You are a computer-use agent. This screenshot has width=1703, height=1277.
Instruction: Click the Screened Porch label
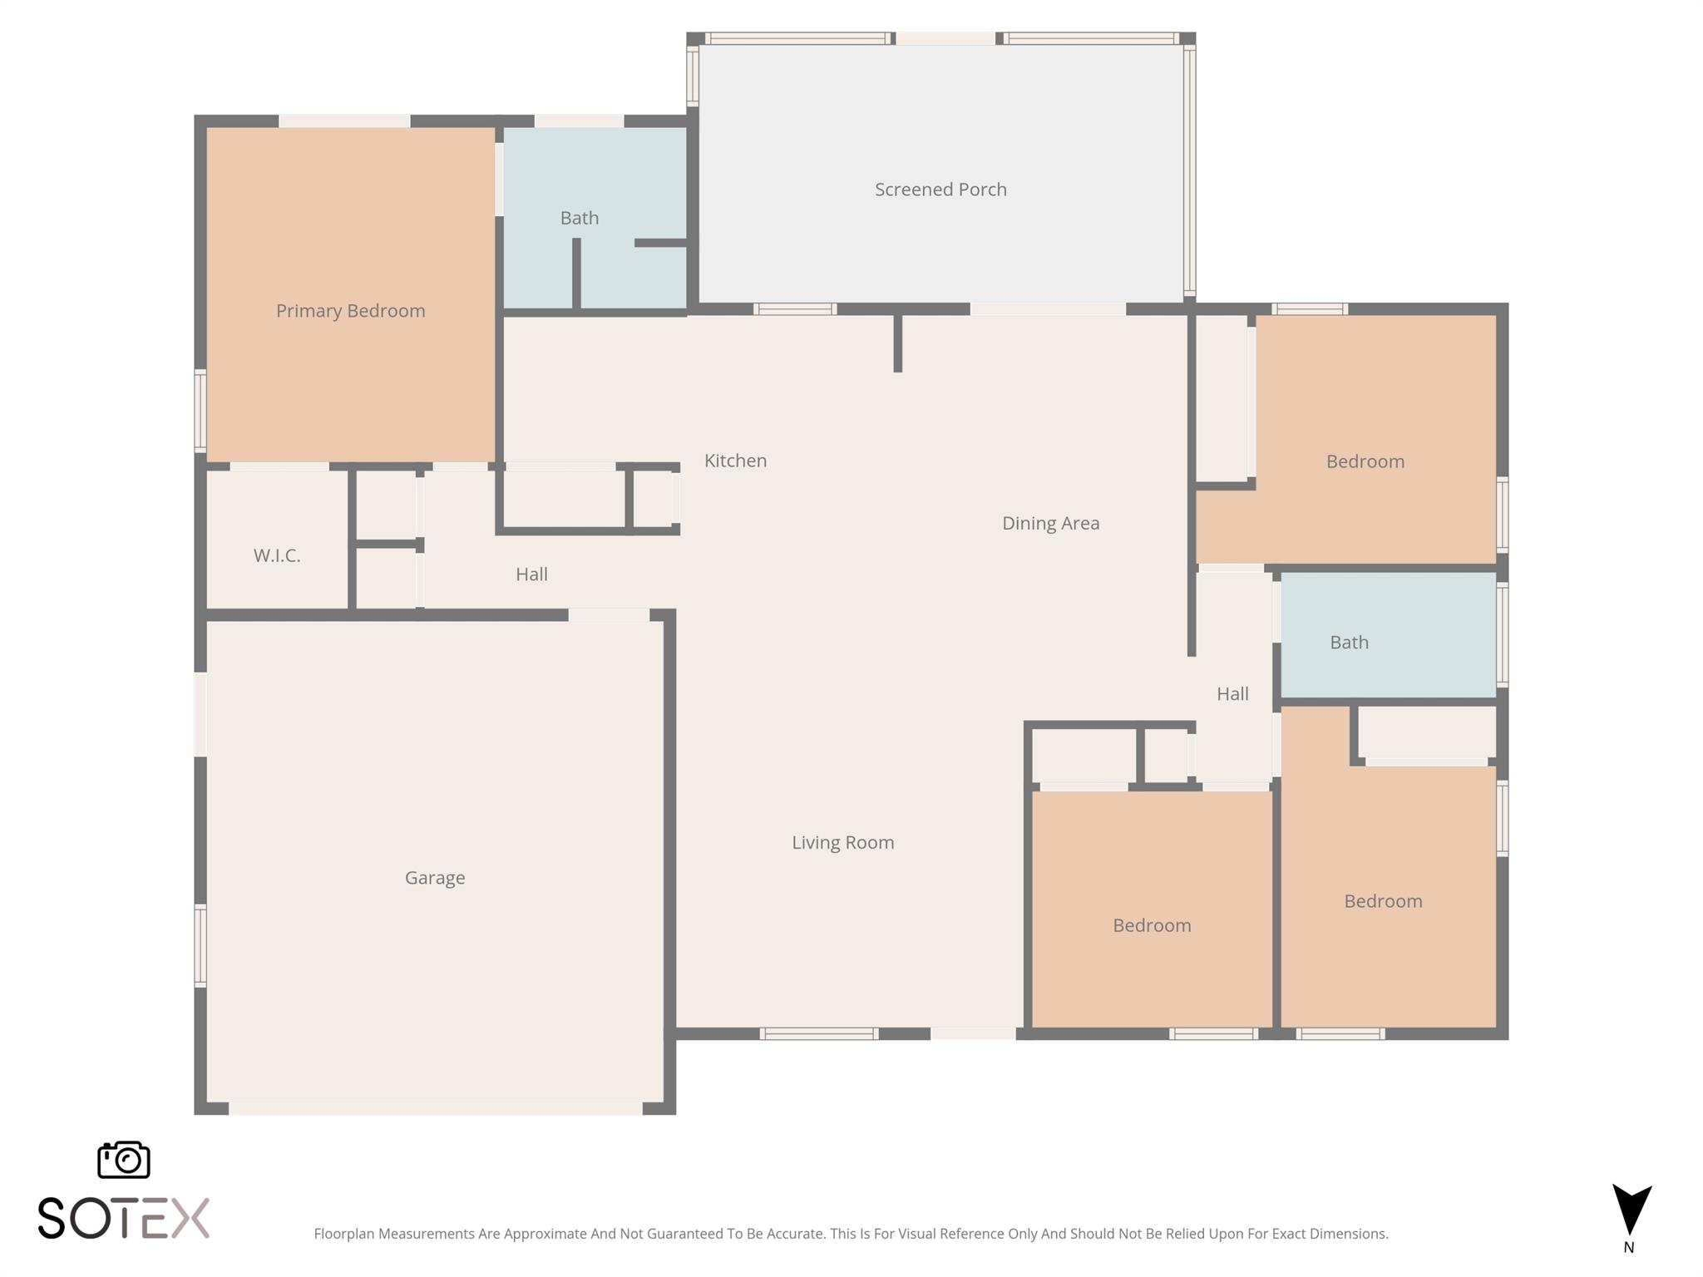940,190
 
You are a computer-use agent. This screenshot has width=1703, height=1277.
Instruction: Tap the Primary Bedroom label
350,311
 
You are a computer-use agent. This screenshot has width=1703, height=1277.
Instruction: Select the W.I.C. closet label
277,555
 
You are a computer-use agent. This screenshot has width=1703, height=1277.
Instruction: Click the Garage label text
434,878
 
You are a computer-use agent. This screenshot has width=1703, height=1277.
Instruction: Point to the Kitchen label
735,461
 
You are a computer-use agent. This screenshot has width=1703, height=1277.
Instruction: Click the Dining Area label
1050,523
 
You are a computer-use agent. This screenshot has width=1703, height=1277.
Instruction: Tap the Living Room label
842,842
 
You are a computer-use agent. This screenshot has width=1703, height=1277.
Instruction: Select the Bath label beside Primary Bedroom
579,218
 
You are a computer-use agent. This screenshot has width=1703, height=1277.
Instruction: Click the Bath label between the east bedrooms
1348,642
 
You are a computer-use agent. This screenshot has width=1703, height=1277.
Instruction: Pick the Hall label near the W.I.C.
531,574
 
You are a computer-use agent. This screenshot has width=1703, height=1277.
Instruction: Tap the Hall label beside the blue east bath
1232,693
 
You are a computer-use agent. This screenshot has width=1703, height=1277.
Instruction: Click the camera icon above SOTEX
124,1159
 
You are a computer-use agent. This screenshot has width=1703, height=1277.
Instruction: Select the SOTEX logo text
123,1219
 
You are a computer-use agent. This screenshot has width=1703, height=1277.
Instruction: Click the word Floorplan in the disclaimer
343,1234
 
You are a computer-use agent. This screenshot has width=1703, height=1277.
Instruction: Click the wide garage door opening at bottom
435,1109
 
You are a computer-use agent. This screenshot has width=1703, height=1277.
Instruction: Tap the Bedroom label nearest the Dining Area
1365,461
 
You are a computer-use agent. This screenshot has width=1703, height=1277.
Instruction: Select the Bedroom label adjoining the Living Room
1152,925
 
